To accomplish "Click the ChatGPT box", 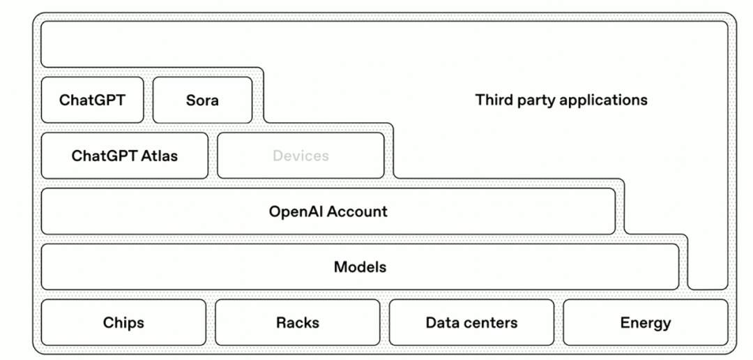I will [92, 100].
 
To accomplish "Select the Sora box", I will [202, 100].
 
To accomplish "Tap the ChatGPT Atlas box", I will [124, 156].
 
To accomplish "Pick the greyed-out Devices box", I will [301, 156].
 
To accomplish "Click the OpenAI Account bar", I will [328, 211].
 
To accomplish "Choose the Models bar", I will [360, 267].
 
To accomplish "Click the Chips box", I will [123, 322].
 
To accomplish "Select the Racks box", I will [298, 322].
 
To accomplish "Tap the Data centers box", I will [471, 322].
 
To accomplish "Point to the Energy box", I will [645, 322].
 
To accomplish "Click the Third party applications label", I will [561, 100].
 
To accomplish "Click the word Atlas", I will [160, 156].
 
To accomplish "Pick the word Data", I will [440, 322].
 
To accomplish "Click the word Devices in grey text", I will [301, 156].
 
